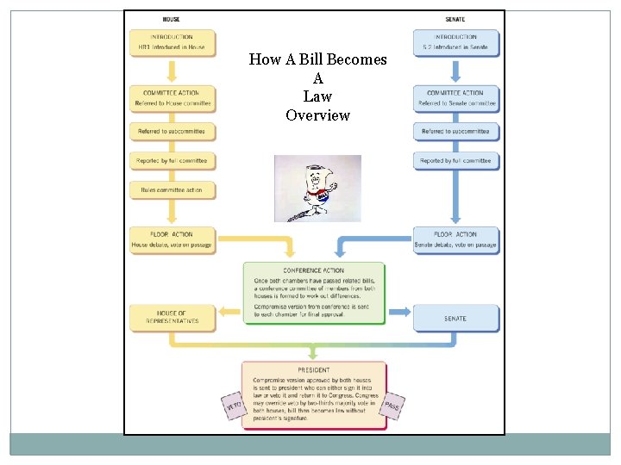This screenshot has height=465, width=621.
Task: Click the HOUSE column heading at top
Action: [172, 20]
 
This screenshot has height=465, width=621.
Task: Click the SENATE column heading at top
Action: [455, 20]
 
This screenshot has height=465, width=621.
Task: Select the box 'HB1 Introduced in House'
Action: [172, 43]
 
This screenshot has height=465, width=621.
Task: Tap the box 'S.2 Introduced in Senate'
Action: [455, 43]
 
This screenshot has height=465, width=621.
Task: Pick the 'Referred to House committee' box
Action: [172, 98]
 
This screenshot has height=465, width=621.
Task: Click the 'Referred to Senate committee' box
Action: [456, 98]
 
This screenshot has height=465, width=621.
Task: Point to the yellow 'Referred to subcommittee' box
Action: [172, 132]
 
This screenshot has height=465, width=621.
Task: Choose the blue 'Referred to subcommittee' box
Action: [456, 132]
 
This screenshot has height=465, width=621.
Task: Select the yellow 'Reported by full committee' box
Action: [172, 160]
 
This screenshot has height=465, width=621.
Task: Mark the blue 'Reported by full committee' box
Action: [456, 160]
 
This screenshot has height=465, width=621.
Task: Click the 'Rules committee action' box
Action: [172, 189]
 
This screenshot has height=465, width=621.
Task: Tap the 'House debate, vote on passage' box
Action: [172, 239]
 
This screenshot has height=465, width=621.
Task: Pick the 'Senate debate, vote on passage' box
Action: [455, 239]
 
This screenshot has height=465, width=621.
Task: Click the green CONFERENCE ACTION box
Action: [313, 293]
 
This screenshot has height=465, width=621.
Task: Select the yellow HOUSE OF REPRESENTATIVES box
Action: [171, 317]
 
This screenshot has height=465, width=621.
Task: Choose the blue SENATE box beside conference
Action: [455, 318]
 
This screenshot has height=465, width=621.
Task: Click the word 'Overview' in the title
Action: [317, 115]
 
